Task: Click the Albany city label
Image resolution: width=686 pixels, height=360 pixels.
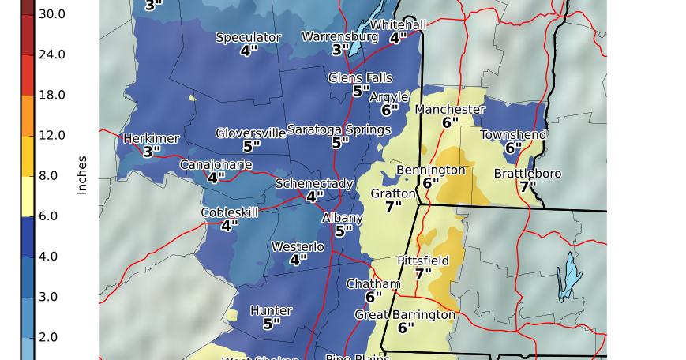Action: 343,218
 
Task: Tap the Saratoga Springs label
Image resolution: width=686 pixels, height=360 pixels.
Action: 340,129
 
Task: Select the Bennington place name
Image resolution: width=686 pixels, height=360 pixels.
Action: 430,170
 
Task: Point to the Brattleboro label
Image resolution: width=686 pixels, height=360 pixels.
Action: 527,173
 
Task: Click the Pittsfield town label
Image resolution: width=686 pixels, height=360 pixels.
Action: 423,261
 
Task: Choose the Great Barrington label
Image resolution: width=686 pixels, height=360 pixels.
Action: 405,314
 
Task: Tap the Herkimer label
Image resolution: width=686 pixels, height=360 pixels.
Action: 152,138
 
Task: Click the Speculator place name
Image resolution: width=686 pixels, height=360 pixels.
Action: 249,37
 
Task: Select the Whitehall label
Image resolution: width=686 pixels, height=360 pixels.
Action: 398,24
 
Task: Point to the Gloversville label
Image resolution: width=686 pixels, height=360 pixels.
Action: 251,133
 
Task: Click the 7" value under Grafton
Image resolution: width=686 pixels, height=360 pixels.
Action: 393,207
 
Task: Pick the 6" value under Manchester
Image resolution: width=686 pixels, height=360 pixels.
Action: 450,122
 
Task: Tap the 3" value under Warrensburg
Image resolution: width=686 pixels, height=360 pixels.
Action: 340,50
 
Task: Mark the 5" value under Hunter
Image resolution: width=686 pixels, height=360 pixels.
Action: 272,324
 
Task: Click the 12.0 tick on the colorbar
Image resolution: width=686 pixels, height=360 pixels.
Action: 52,135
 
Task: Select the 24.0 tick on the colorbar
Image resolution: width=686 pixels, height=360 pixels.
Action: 52,54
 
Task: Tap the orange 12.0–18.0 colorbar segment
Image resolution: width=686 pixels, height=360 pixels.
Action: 27,115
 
